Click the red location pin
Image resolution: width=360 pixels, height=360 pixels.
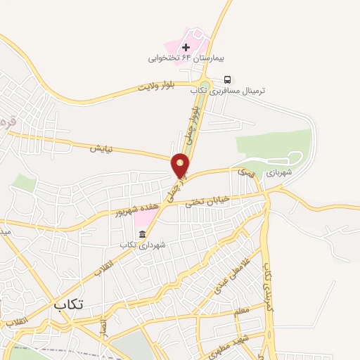[181, 165]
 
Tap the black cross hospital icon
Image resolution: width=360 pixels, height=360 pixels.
[186, 48]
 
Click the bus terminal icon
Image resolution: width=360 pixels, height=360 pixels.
[227, 79]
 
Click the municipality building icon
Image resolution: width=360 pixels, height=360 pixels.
[142, 234]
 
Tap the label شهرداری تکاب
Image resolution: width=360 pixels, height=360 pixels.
[143, 245]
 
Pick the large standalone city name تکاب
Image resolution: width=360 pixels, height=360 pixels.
[68, 304]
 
